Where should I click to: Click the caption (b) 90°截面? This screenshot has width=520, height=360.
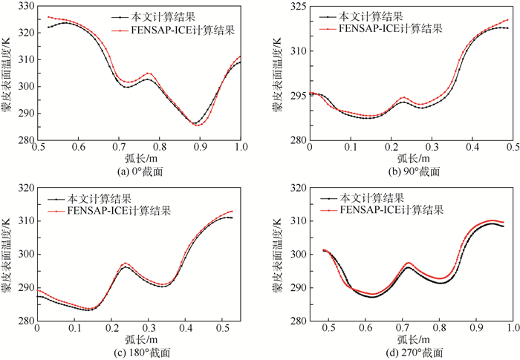point(409,171)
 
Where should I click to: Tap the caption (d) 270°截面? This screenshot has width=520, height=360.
point(409,353)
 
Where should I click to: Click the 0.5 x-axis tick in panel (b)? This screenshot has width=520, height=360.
point(511,148)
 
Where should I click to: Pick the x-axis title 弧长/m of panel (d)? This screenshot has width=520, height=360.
point(409,340)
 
